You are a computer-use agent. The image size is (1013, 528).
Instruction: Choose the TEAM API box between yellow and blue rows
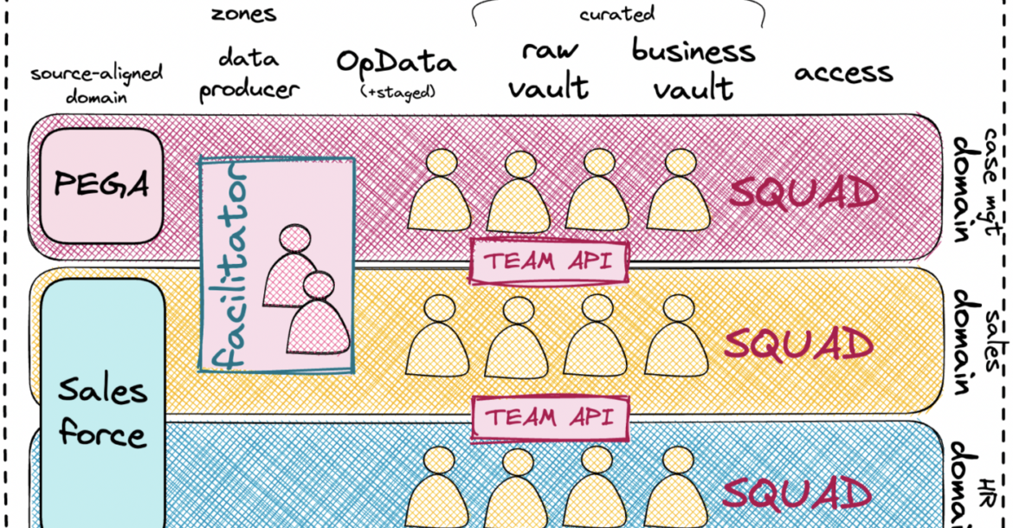547,416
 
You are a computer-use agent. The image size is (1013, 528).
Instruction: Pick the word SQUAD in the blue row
797,494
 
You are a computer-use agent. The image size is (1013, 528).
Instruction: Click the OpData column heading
394,63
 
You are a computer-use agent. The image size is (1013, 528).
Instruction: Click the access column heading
843,73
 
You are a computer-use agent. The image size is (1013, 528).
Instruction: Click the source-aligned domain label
96,84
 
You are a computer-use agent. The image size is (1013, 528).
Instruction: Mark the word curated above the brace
617,14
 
